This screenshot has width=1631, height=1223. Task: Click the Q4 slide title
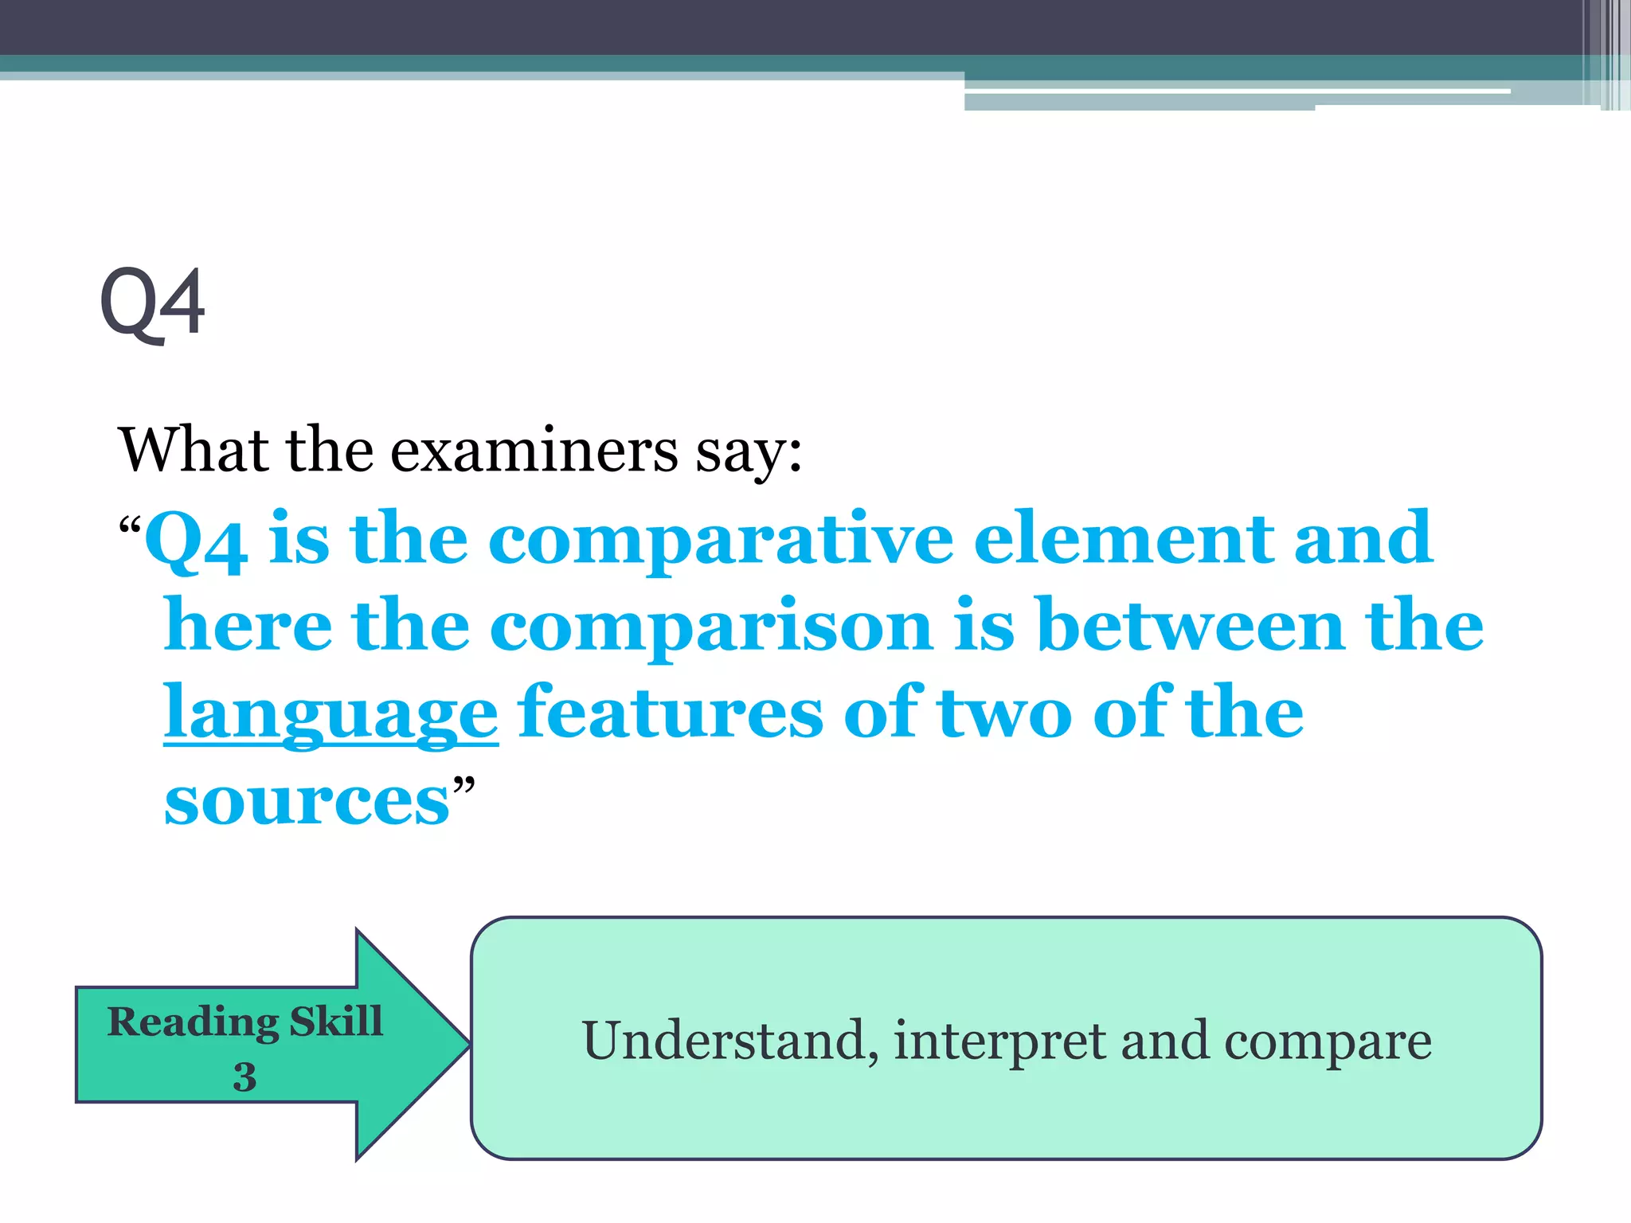pos(153,303)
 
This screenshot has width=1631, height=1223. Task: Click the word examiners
pos(534,451)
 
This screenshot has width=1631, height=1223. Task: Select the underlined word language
pos(331,713)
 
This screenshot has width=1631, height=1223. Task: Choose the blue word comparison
pos(710,627)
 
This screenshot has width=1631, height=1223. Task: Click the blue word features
pos(671,712)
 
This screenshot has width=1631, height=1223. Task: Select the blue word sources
pos(307,801)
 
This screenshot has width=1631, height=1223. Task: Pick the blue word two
pos(1005,713)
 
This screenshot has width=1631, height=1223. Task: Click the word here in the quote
pos(248,626)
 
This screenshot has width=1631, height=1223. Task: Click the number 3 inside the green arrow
pos(244,1077)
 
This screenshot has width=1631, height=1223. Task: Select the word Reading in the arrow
pos(193,1022)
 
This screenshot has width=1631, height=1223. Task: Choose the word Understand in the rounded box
pos(724,1041)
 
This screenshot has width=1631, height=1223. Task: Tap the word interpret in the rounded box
pos(999,1042)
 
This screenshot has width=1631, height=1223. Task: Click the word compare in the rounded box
pos(1328,1042)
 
